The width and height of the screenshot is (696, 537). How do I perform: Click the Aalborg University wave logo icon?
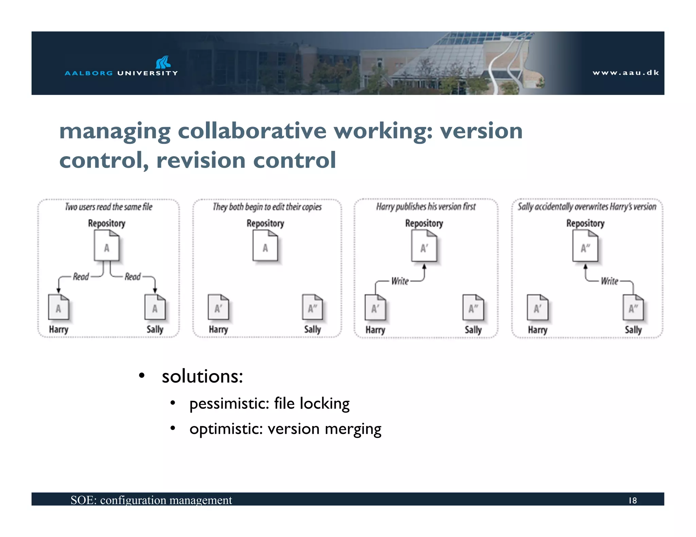163,62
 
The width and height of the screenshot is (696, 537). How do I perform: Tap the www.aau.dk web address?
626,73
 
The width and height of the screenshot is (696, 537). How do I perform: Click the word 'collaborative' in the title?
252,131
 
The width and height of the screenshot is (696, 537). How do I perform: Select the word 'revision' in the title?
201,161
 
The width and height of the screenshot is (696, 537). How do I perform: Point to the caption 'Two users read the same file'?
109,207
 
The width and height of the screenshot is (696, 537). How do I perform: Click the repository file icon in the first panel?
107,245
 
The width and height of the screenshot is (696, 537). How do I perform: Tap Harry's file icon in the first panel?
58,308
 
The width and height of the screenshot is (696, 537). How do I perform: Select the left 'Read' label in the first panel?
81,277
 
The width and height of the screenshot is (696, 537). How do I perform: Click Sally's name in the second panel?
312,329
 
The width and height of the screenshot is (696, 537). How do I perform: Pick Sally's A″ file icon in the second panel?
312,308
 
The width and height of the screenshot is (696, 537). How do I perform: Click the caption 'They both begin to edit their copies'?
267,207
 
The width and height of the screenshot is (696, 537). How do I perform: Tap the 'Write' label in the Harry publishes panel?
400,281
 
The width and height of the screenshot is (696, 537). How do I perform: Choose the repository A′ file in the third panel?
424,246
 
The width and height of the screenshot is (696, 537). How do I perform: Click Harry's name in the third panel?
375,330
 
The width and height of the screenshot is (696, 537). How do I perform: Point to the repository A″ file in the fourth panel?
585,246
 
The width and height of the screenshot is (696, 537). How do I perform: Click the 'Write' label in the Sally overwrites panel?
609,281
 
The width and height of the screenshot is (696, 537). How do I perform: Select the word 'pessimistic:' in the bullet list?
229,404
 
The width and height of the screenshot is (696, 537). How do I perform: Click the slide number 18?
632,500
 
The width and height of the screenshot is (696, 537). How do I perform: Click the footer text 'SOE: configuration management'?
151,500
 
